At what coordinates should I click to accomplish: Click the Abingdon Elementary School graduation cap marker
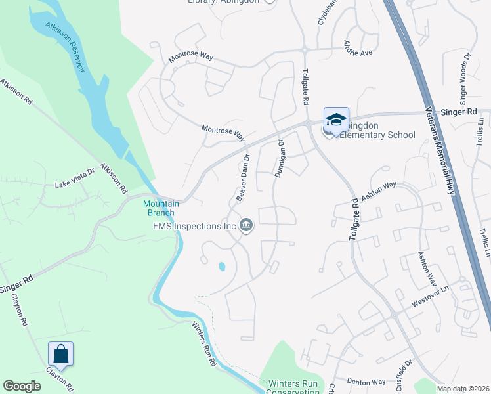(x=336, y=121)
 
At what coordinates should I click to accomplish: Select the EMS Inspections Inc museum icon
(x=246, y=226)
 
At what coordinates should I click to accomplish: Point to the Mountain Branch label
(x=159, y=208)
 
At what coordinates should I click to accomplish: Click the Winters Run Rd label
(x=204, y=342)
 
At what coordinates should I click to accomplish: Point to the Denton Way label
(x=366, y=382)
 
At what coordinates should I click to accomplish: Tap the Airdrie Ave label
(x=358, y=49)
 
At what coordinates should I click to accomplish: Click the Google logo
(x=22, y=386)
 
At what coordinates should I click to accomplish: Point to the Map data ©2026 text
(x=463, y=389)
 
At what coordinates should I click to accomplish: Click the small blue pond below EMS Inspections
(x=221, y=267)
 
